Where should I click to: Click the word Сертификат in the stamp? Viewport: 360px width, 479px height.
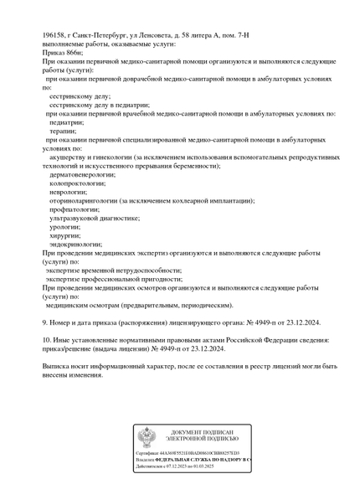click(149, 453)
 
